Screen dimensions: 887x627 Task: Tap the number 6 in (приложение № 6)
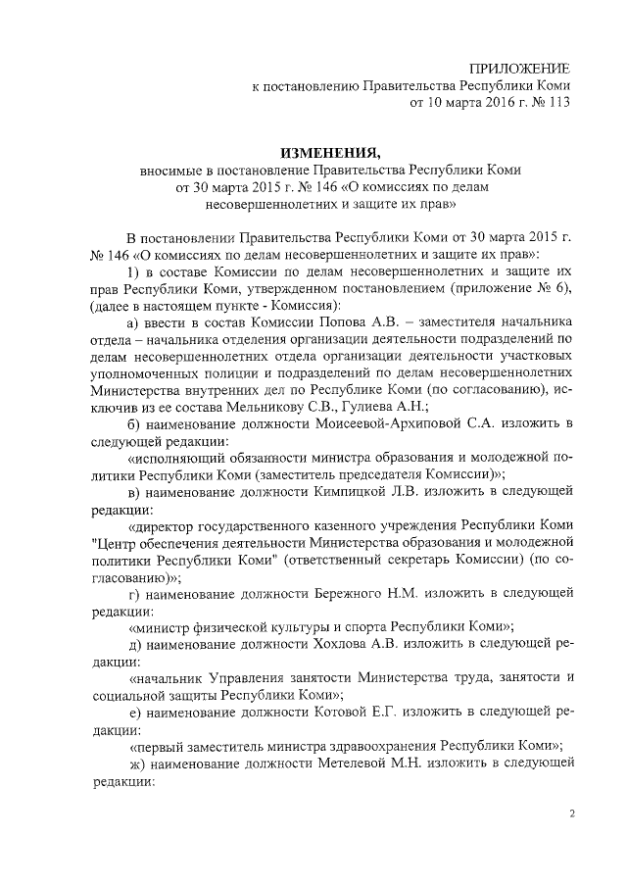click(551, 285)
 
